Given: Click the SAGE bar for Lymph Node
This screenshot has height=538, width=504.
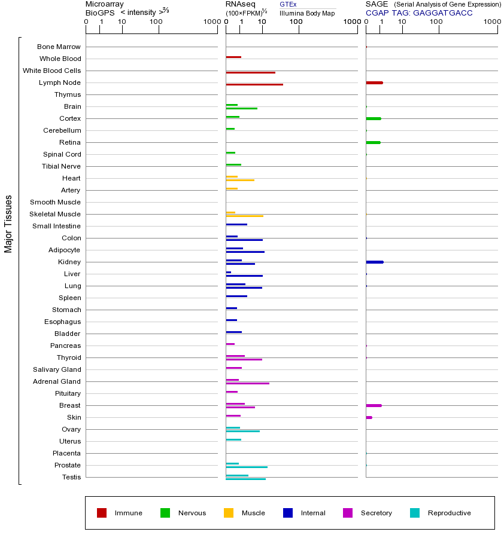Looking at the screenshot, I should coord(374,82).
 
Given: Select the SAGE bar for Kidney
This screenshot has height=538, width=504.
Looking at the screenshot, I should coord(374,262).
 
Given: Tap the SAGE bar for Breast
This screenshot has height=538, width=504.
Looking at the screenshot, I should coord(374,405).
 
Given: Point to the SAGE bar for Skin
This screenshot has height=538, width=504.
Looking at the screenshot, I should coord(369,417).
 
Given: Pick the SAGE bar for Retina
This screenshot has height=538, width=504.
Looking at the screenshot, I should coord(373,142).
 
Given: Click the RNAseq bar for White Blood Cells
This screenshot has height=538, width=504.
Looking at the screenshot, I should coord(250,72).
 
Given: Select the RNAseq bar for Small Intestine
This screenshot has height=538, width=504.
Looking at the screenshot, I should coord(236,224).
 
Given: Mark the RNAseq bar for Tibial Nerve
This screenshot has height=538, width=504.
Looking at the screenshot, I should coord(233,164).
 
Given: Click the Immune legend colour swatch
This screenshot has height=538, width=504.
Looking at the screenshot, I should coord(102,513).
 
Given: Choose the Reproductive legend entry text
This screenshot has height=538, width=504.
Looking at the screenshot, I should coord(449,513).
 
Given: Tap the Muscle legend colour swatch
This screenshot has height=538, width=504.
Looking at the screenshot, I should coord(229,513).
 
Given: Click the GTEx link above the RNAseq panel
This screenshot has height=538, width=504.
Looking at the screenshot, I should coord(288,4).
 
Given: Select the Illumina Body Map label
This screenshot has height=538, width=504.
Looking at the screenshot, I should coord(307,13).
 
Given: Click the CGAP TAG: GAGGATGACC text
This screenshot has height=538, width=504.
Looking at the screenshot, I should coord(419,13).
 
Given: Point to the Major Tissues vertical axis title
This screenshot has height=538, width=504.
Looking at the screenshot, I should coord(8,224).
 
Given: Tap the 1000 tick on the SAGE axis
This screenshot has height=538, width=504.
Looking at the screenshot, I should coord(492,22).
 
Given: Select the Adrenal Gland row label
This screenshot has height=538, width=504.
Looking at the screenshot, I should coord(57,381).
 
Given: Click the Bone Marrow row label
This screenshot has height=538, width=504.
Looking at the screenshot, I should coord(59,47).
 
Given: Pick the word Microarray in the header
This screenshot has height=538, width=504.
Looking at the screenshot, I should coord(105,4).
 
